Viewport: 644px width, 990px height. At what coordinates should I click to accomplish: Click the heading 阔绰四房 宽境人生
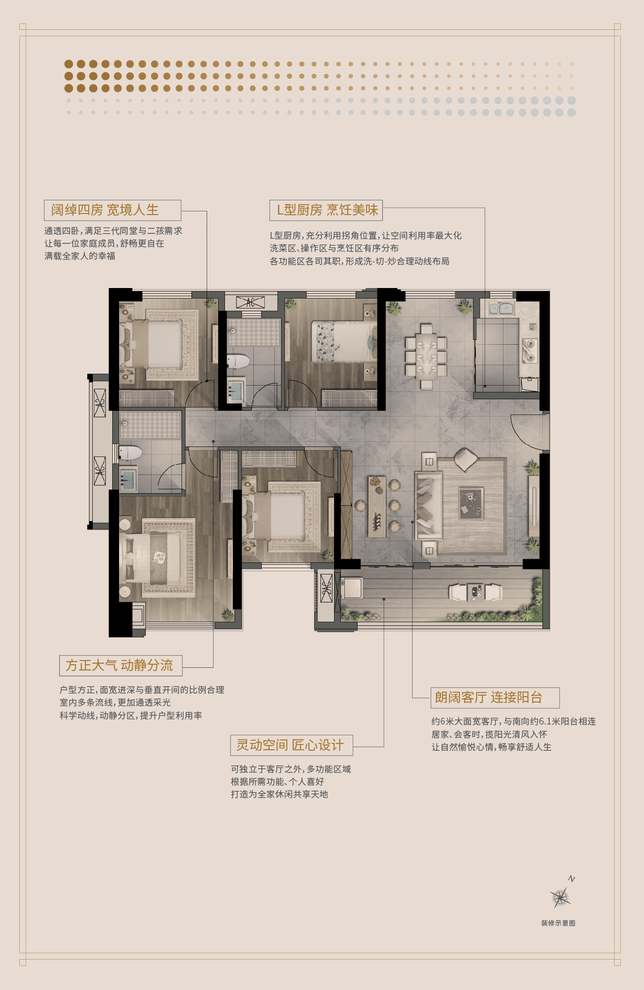[105, 210]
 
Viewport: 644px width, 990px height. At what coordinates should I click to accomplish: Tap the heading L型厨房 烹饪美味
[327, 210]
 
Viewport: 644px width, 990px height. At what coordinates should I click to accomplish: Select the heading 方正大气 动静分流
[120, 665]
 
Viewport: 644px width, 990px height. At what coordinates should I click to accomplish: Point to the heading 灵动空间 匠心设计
[290, 745]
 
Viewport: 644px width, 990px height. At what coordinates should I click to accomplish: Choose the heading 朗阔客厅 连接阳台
[489, 697]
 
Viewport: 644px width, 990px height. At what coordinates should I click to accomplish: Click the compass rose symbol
[561, 898]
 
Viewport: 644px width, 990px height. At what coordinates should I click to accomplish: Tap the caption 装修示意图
[558, 923]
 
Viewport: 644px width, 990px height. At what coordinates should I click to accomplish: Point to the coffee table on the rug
[471, 503]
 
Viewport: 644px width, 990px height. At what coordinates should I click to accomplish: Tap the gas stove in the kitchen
[530, 350]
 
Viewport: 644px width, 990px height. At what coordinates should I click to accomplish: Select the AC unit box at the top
[250, 302]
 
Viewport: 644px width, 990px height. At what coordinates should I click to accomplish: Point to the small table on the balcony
[476, 592]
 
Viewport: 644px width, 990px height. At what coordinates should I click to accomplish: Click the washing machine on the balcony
[351, 588]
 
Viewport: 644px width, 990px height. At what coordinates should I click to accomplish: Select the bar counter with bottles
[377, 507]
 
